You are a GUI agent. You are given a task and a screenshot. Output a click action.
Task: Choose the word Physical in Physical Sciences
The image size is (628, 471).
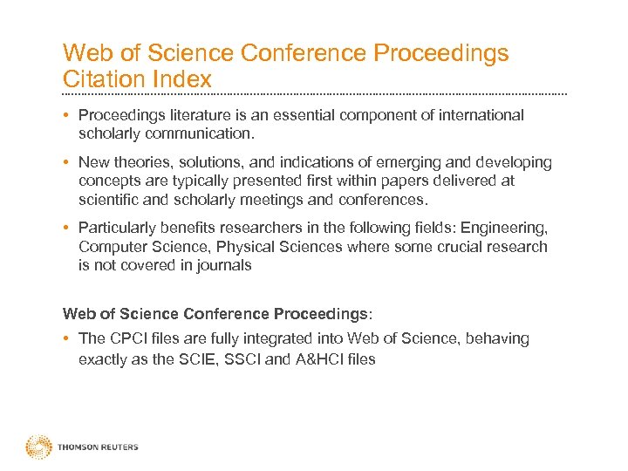tap(245, 247)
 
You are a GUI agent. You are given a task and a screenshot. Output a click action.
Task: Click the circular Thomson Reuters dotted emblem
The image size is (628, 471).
tap(38, 447)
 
